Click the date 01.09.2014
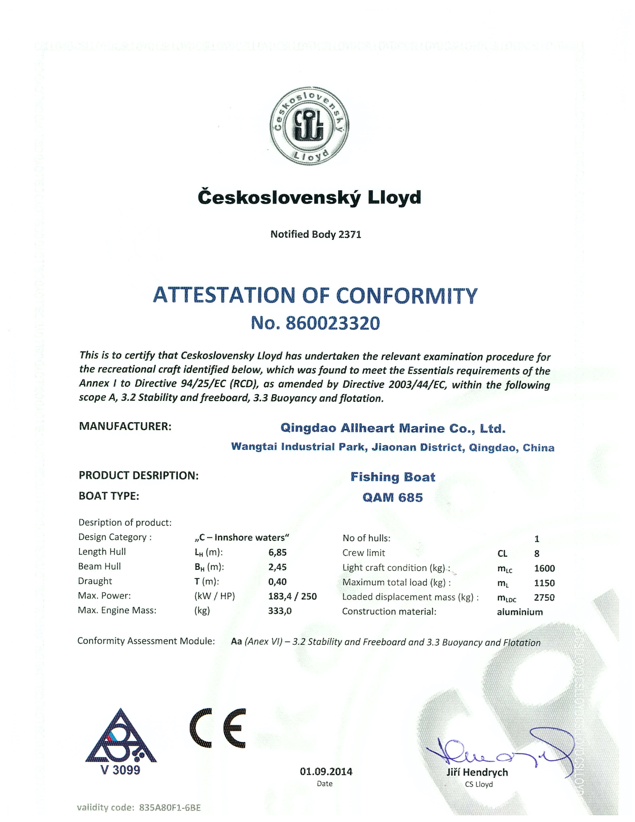326,772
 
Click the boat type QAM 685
392,498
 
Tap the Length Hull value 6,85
277,552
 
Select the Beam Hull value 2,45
277,567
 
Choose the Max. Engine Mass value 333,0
279,611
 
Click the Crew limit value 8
536,554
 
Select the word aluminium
519,612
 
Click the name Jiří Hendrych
477,772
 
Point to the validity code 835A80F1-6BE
170,808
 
